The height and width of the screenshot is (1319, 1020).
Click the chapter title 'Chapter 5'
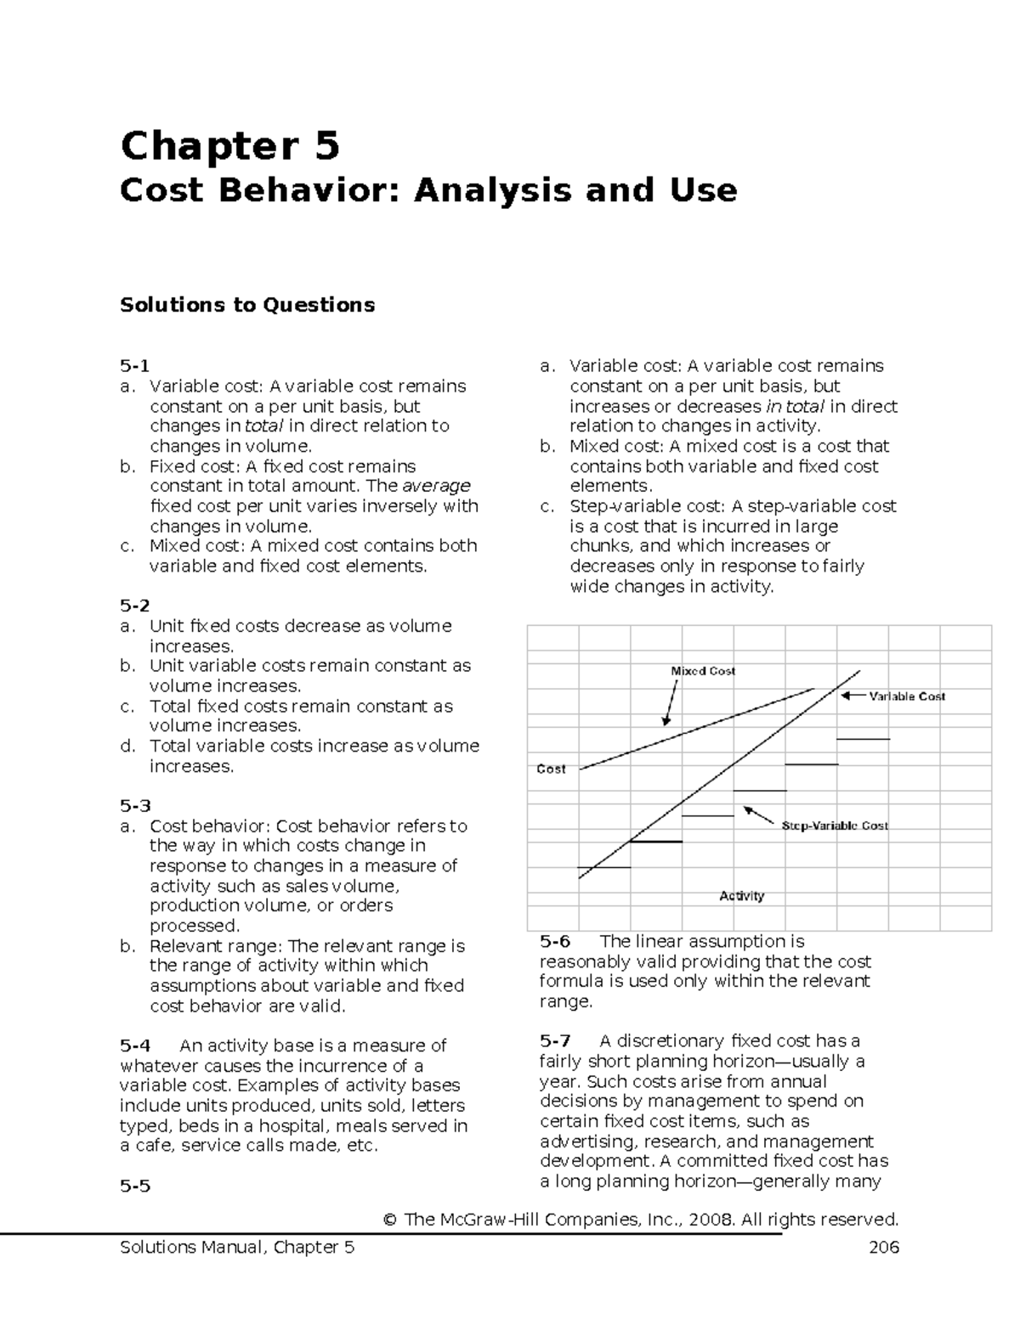tap(230, 146)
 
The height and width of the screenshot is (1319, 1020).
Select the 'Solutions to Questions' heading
tap(247, 305)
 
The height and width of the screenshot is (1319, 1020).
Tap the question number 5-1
tap(134, 366)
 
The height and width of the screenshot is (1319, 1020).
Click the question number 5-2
tap(134, 606)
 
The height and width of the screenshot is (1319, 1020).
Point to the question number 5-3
tap(134, 805)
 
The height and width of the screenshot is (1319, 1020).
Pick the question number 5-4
tap(134, 1046)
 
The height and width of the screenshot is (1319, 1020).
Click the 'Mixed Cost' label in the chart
tap(703, 671)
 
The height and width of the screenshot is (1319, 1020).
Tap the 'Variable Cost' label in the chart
tap(906, 696)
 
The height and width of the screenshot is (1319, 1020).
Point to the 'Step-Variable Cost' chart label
tap(834, 826)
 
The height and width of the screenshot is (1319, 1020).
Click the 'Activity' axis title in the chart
tap(741, 895)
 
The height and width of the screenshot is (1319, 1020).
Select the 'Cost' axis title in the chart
tap(551, 769)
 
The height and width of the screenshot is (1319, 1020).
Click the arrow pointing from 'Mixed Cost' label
tap(671, 704)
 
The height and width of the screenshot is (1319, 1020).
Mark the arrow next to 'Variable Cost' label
tap(853, 696)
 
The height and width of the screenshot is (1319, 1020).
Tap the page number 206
tap(884, 1247)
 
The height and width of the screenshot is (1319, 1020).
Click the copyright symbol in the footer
tap(390, 1220)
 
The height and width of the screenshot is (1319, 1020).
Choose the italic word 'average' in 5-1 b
tap(435, 486)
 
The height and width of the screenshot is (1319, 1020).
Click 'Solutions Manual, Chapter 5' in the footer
tap(237, 1247)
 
